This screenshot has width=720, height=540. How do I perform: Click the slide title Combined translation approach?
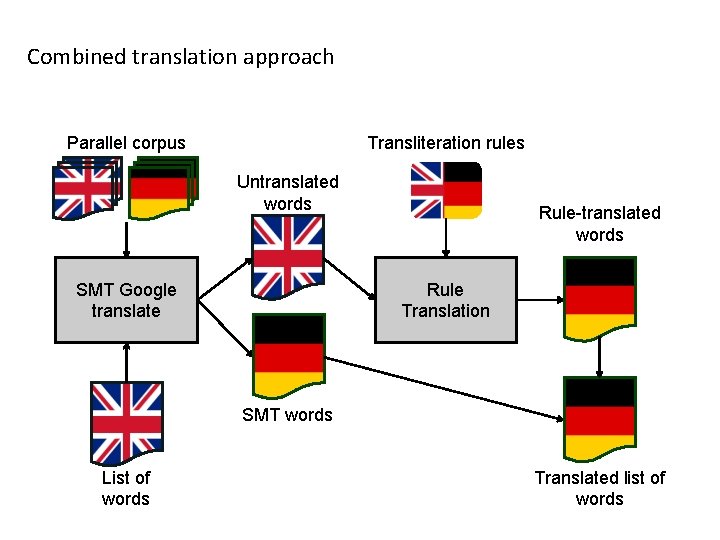[x=180, y=57]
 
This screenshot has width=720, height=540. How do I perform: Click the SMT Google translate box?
[x=126, y=300]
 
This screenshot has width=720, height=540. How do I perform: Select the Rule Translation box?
[x=445, y=300]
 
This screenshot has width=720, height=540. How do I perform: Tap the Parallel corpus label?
[x=126, y=143]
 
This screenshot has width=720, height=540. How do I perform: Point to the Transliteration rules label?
[x=446, y=143]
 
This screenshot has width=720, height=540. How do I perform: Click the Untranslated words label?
[x=288, y=193]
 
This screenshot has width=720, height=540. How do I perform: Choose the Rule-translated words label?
[x=599, y=224]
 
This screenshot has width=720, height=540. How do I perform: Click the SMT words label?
[x=287, y=415]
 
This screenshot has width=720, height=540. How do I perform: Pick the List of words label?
[x=126, y=488]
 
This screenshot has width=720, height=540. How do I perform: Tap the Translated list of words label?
[x=599, y=488]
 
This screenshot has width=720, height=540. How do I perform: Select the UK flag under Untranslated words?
[x=288, y=256]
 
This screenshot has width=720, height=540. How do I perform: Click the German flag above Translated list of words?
[x=599, y=419]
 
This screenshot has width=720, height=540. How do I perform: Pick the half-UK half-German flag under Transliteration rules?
[x=446, y=190]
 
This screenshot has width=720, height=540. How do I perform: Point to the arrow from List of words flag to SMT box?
[x=126, y=362]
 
